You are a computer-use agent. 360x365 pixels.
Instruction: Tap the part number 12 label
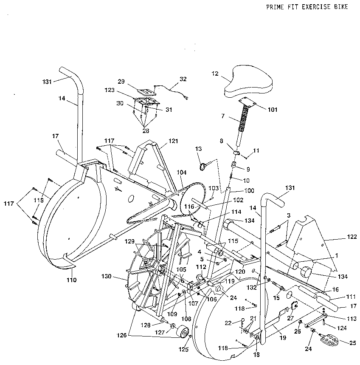point(215,74)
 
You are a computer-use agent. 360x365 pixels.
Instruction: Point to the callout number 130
point(106,277)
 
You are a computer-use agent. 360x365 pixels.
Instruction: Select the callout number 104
point(182,173)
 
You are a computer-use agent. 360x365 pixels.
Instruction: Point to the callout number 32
point(183,79)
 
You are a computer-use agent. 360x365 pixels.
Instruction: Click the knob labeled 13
point(204,165)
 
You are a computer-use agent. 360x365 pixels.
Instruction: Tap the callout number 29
point(121,81)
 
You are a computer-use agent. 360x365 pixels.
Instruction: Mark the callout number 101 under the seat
point(272,110)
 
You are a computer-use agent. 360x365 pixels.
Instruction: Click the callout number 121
point(173,141)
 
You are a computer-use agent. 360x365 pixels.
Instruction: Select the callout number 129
point(129,241)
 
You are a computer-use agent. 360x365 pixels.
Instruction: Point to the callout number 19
point(283,337)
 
